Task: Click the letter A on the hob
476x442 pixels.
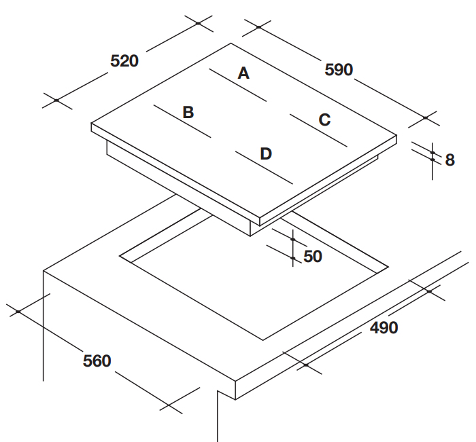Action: click(243, 73)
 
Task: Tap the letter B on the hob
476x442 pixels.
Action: click(188, 113)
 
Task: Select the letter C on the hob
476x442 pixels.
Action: click(324, 120)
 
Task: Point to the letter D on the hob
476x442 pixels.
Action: click(266, 153)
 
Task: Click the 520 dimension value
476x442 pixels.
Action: click(124, 61)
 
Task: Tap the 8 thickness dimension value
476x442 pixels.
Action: click(449, 160)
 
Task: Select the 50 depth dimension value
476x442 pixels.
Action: click(312, 257)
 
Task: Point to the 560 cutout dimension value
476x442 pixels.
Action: click(97, 361)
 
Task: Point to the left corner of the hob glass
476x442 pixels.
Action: click(92, 124)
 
